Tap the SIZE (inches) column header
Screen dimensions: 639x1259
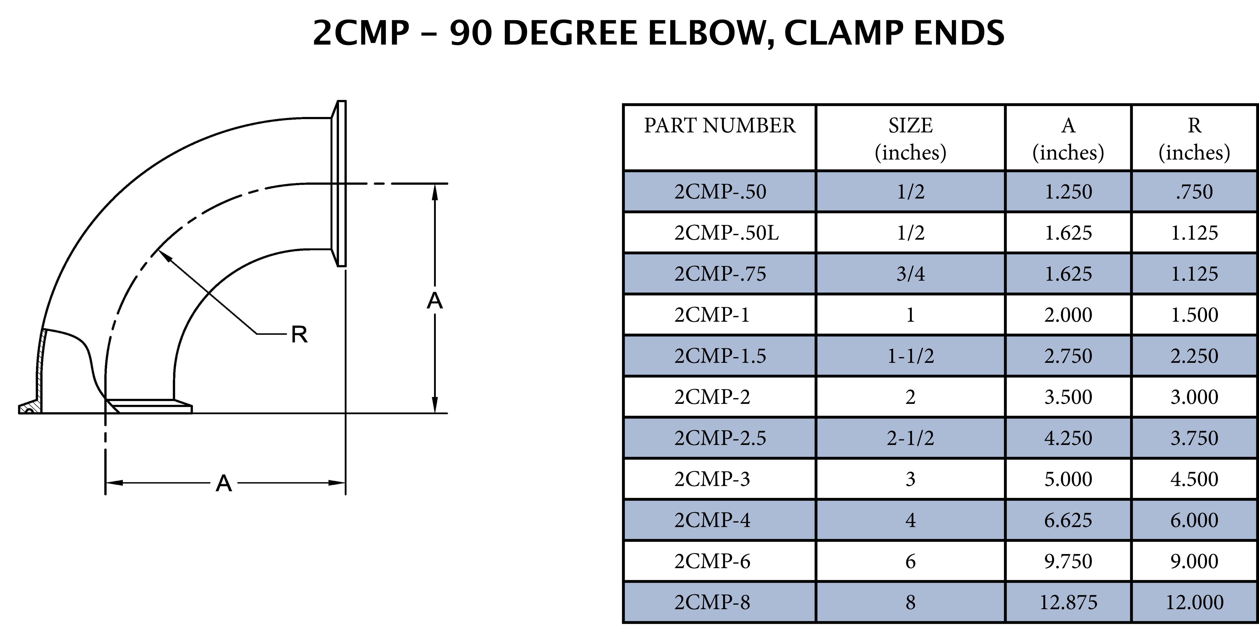(x=910, y=139)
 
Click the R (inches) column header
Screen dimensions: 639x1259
(x=1194, y=139)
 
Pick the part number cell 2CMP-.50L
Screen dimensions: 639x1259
(x=726, y=233)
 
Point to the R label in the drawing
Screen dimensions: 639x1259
(x=299, y=335)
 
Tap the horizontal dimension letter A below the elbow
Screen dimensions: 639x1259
(x=223, y=484)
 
